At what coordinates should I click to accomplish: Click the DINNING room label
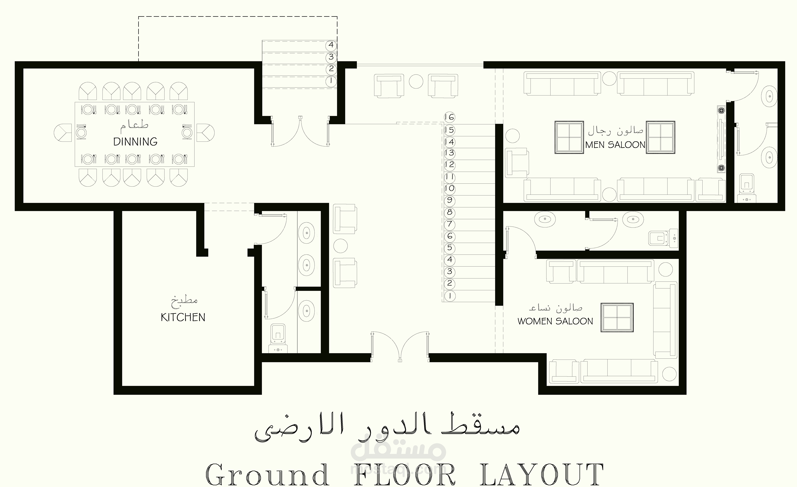coord(135,142)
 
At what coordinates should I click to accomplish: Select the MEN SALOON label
coord(615,145)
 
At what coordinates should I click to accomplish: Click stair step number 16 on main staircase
coord(449,117)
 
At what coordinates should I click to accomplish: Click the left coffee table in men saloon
coord(569,137)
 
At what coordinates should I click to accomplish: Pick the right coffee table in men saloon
coord(660,137)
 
